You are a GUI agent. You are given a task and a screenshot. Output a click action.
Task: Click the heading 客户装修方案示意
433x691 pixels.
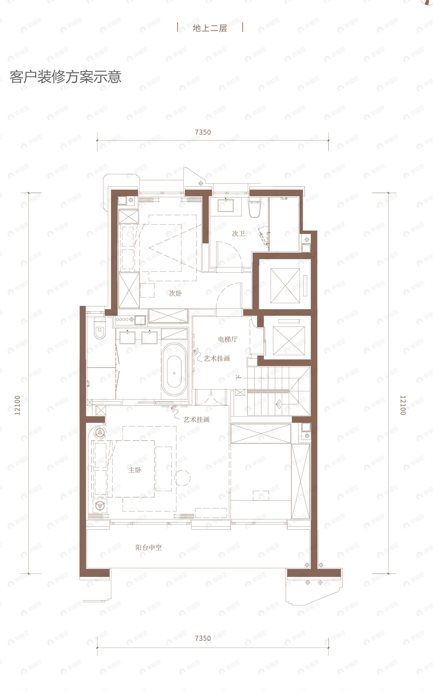pos(66,77)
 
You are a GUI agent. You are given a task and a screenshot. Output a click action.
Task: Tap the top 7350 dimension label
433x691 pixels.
pos(203,132)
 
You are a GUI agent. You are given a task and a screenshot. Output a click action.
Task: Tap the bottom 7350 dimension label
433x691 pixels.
pos(203,638)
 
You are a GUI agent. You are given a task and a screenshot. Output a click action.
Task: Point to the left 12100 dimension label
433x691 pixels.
pos(17,405)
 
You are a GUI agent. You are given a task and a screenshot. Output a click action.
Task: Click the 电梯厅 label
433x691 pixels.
pos(228,339)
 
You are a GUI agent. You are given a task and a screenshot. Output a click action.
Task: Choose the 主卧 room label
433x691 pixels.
pos(135,470)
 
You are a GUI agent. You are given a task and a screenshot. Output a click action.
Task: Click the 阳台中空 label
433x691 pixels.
pos(149,548)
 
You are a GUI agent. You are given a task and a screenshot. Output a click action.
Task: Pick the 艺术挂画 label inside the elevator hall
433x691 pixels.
pos(217,358)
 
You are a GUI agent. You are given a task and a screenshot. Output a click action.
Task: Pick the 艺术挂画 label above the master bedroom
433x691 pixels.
pos(196,419)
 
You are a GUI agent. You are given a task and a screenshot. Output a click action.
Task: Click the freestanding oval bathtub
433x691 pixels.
pos(174,370)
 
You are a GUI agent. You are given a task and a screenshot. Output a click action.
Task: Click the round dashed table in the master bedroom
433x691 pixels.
pos(182,478)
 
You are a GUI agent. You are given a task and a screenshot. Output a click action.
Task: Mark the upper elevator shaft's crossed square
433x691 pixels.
pos(285,286)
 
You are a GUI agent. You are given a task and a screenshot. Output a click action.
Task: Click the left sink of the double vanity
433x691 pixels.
pos(127,337)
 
